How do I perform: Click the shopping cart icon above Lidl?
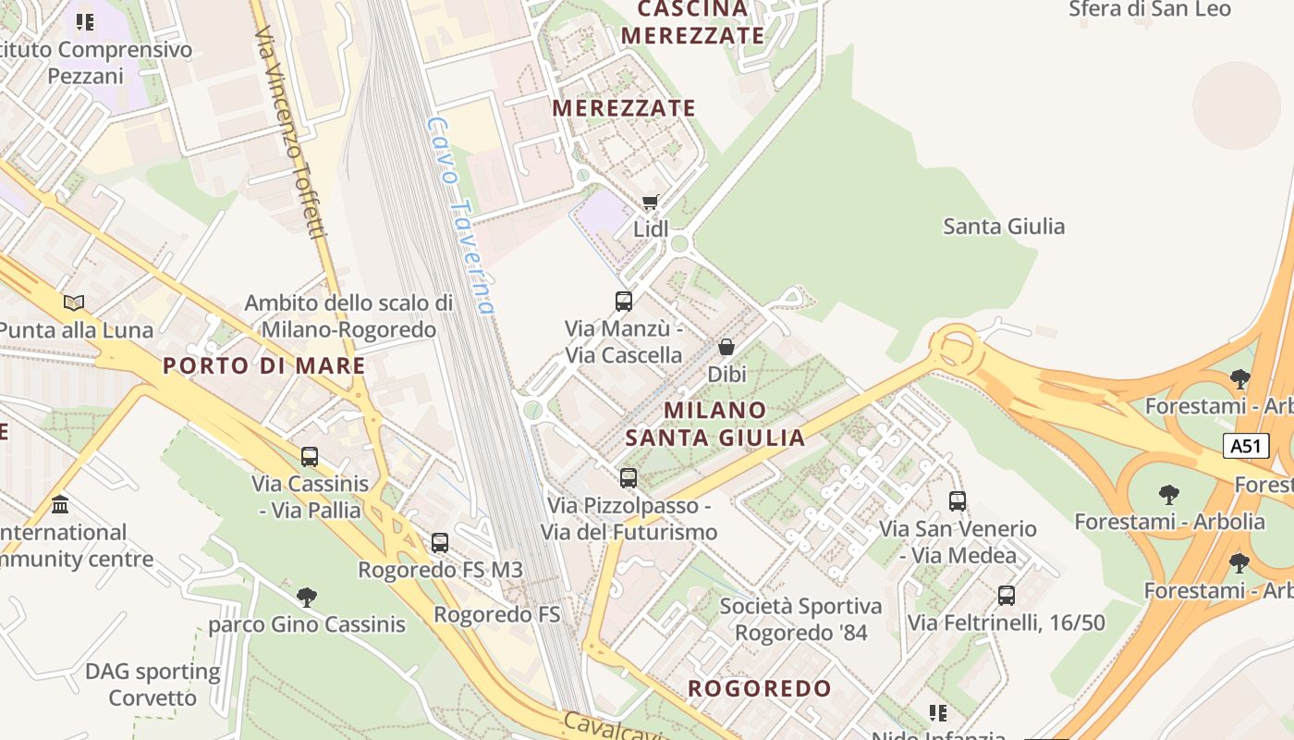coord(651,202)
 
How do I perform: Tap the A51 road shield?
coord(1245,446)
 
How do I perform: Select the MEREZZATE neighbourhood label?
coord(624,108)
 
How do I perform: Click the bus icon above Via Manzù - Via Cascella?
coord(624,301)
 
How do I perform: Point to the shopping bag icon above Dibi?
coord(726,347)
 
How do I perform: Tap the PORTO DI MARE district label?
coord(264,365)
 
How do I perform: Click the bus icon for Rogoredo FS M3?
coord(440,543)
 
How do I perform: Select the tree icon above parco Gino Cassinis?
coord(307,597)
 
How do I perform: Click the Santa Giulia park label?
coord(1004,227)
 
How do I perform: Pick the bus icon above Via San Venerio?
coord(958,501)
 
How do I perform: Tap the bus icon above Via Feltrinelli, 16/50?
coord(1007,596)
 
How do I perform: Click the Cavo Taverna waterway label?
coord(461,215)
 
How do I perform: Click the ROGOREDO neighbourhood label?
coord(760,688)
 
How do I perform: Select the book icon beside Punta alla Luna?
coord(74,302)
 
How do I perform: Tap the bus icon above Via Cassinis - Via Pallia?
coord(310,456)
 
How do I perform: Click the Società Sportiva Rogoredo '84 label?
coord(800,620)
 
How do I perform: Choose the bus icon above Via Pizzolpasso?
coord(629,477)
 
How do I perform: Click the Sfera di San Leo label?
coord(1150,9)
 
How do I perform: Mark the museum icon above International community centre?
coord(61,505)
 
